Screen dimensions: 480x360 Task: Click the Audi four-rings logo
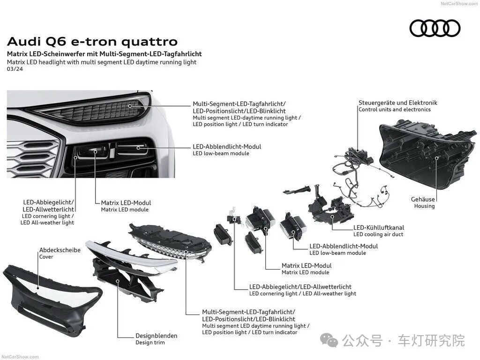tap(435, 28)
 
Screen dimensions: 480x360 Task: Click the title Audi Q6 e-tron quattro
tap(92, 42)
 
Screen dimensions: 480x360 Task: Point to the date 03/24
tap(15, 69)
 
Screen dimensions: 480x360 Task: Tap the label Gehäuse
tap(423, 199)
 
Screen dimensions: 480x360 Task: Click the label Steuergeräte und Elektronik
tap(397, 103)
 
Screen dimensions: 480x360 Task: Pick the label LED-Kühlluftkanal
tap(379, 227)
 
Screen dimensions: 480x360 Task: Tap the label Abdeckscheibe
tap(60, 250)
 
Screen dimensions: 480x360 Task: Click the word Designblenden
tap(157, 336)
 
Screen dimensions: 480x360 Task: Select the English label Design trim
tap(150, 343)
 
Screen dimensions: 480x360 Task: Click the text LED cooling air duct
tap(378, 234)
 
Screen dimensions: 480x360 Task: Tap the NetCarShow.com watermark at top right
tap(459, 4)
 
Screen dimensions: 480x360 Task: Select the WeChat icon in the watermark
tap(329, 340)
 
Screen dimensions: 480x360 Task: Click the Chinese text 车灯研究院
tap(431, 340)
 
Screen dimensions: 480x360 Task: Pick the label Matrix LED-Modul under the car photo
tap(126, 202)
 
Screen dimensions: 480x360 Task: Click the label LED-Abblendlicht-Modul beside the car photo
tap(227, 147)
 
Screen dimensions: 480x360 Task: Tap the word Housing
tap(424, 206)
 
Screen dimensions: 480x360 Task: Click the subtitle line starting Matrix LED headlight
tap(102, 62)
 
